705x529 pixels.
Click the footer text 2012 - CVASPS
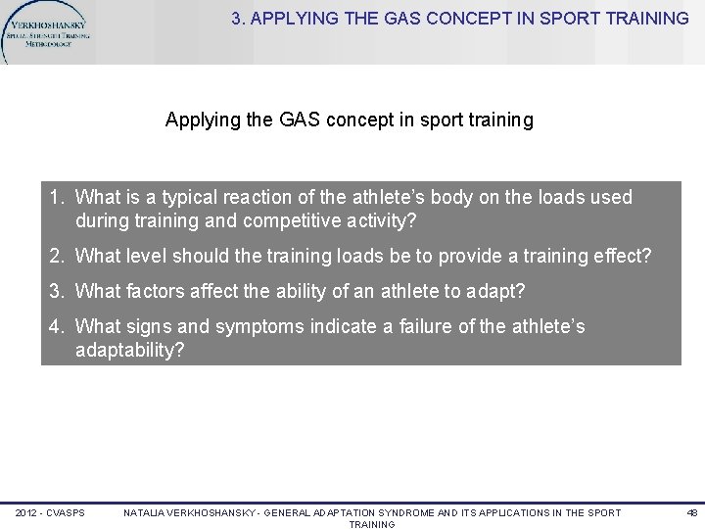[50, 513]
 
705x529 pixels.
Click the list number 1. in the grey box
[58, 198]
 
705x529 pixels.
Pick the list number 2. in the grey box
[58, 257]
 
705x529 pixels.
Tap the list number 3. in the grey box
[58, 291]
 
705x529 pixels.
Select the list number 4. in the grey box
[58, 326]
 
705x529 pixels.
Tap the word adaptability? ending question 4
[129, 350]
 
